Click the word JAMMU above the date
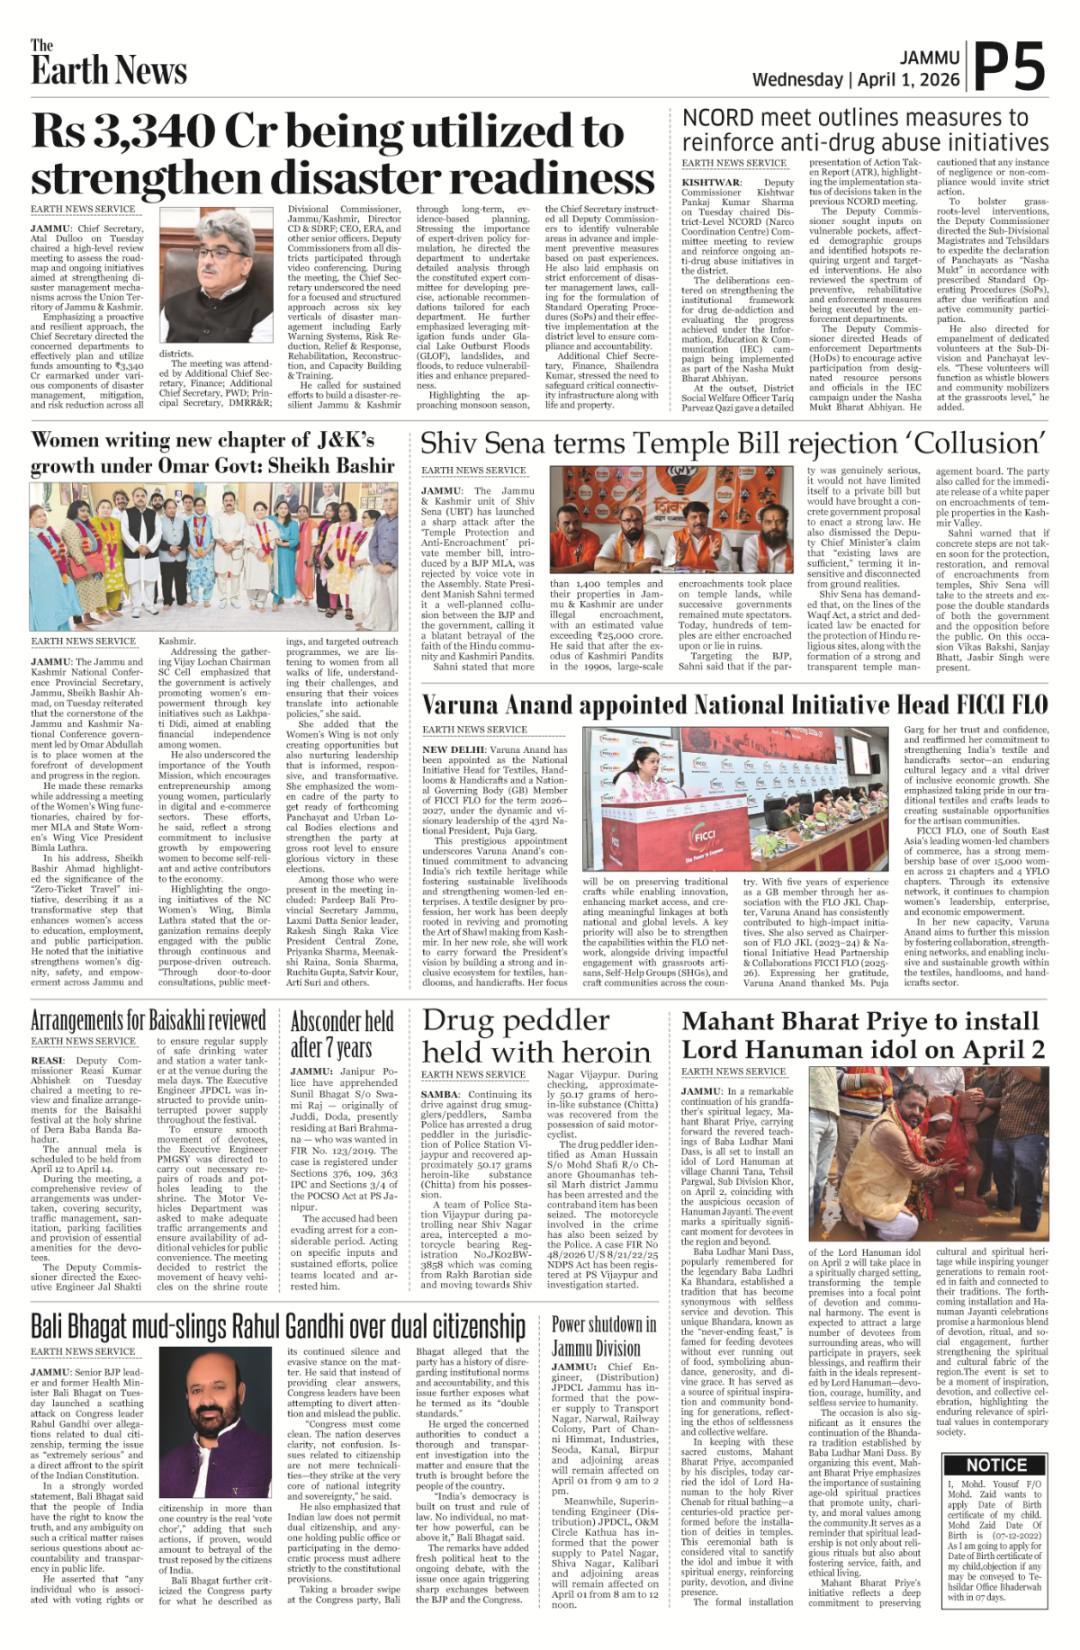pyautogui.click(x=930, y=58)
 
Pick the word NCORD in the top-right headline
pyautogui.click(x=717, y=118)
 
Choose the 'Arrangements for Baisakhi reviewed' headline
pyautogui.click(x=148, y=1020)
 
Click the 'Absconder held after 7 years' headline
pyautogui.click(x=342, y=1035)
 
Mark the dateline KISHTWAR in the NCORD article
pyautogui.click(x=712, y=182)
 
